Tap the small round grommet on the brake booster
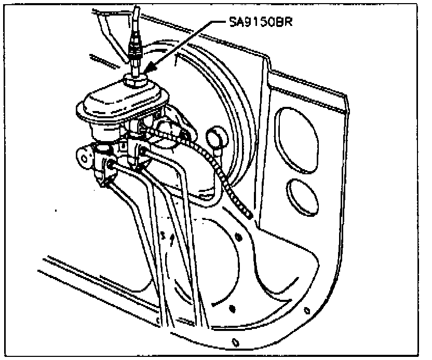(214, 138)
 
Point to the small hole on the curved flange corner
(308, 311)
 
